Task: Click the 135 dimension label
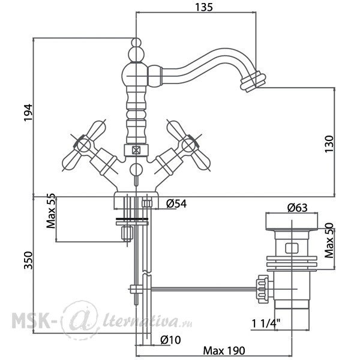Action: (x=204, y=7)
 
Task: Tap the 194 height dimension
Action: (x=28, y=113)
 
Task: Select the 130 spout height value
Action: (x=329, y=144)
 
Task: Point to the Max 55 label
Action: (x=51, y=211)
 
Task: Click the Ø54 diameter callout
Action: (x=176, y=203)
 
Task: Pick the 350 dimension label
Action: (x=29, y=260)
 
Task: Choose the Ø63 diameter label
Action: (x=298, y=208)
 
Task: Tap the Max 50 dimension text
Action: (x=329, y=241)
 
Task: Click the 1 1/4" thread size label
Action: (x=266, y=324)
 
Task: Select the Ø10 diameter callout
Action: (x=170, y=340)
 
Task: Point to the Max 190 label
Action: (x=224, y=350)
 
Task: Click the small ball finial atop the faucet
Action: (x=136, y=43)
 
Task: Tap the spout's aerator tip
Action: (x=253, y=82)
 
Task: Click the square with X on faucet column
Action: (x=136, y=151)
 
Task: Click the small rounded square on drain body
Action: (x=292, y=248)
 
